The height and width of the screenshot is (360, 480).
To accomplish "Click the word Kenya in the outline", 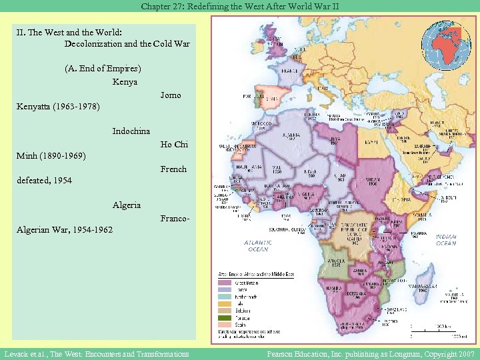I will coord(125,81).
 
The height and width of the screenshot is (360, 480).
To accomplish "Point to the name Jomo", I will coord(171,95).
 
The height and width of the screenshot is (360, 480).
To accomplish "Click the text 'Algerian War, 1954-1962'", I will coord(65,230).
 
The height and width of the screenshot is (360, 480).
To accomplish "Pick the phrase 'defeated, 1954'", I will coord(45,181).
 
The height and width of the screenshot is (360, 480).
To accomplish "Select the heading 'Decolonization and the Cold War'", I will coord(127,44).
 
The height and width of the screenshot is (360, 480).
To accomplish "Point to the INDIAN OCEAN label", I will coord(445,239).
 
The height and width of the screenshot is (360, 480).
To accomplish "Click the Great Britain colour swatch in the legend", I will coord(225,283).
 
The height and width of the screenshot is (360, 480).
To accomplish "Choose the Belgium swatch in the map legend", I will coord(225,309).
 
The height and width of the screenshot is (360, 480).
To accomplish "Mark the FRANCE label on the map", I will coord(289,70).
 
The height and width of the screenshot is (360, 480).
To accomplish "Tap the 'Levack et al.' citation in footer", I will coord(95,354).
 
